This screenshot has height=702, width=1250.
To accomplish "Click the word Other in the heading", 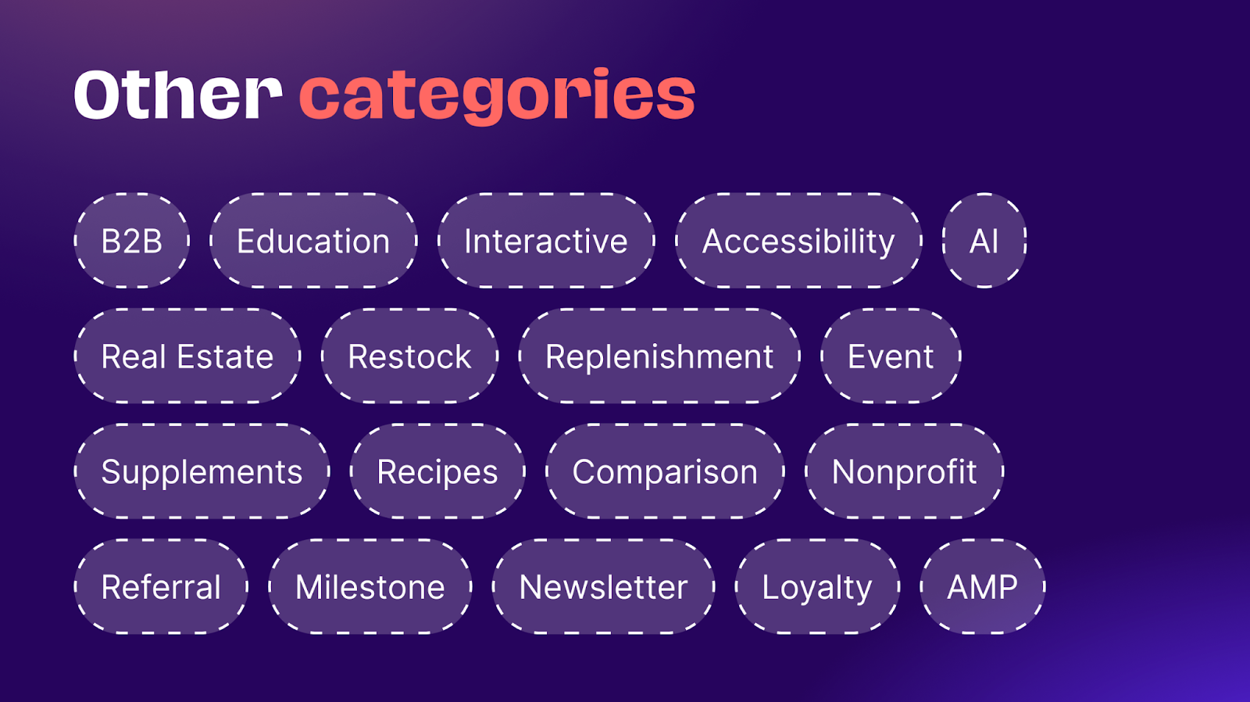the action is (x=178, y=95).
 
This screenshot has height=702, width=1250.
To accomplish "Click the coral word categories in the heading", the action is (x=497, y=96).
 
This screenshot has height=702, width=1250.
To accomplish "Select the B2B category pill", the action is (x=132, y=241).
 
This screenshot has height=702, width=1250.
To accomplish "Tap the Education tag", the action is (x=313, y=241).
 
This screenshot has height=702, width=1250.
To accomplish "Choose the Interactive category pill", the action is (x=546, y=241).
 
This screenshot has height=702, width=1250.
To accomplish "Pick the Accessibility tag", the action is (x=798, y=241).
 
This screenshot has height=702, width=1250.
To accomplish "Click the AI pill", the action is (x=984, y=241).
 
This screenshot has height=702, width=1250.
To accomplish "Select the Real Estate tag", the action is (x=187, y=356).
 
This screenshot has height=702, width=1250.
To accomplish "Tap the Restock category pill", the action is (x=409, y=356).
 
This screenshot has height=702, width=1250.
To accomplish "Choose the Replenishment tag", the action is (x=659, y=356).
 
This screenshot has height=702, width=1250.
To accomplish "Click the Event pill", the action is (x=891, y=356).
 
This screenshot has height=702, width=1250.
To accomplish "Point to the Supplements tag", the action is (x=202, y=471).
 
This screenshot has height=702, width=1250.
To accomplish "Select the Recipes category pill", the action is (x=437, y=471).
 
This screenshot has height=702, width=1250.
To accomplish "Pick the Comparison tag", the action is (x=665, y=471).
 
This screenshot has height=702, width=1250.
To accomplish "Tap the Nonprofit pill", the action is (x=904, y=471).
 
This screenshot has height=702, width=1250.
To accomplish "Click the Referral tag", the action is (x=161, y=586).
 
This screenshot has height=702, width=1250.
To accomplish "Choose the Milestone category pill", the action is (x=370, y=586).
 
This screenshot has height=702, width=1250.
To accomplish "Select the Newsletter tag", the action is (x=604, y=586).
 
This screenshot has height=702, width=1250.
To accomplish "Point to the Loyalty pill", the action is (x=817, y=586).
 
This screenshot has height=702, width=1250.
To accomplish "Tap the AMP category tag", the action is (x=983, y=586).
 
